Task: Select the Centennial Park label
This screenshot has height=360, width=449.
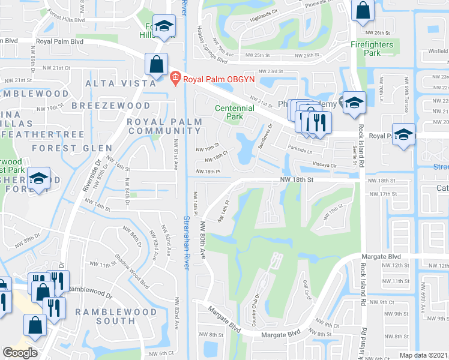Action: click(x=235, y=112)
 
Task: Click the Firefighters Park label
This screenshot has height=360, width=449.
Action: click(x=372, y=49)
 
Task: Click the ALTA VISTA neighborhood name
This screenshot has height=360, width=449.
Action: click(x=114, y=83)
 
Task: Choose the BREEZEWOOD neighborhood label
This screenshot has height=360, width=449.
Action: click(x=110, y=106)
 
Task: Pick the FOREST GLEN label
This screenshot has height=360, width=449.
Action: click(x=72, y=148)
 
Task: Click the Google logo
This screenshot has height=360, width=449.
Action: click(x=20, y=353)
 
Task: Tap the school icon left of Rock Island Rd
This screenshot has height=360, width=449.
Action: click(x=354, y=101)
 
